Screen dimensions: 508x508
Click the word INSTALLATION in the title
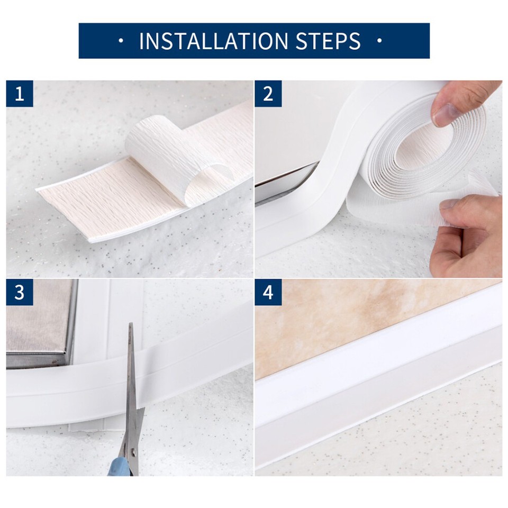[x=211, y=41]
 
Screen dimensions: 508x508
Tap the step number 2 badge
[x=268, y=94]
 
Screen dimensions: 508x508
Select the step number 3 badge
[x=20, y=292]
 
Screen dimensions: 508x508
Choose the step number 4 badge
[x=268, y=292]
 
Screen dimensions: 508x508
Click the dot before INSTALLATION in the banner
[x=121, y=41]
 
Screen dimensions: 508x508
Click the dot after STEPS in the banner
[x=379, y=41]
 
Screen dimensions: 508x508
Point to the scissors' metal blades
[x=132, y=381]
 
